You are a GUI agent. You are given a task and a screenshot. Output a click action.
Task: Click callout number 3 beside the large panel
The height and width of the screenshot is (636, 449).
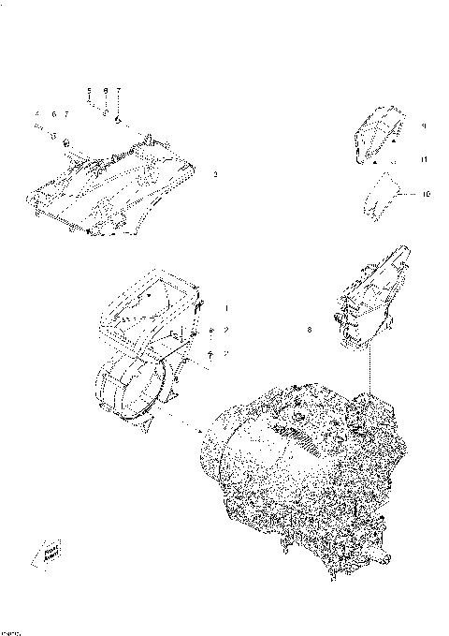[216, 174]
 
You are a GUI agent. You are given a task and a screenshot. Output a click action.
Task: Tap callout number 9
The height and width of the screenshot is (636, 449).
[423, 125]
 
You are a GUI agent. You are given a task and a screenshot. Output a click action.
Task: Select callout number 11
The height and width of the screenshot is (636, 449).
[423, 160]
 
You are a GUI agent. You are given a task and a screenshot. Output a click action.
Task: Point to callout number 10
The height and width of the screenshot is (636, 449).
[426, 195]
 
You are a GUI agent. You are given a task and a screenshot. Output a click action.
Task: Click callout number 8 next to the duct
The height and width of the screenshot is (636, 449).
[310, 330]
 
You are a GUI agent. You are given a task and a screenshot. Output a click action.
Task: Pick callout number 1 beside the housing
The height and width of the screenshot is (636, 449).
[225, 307]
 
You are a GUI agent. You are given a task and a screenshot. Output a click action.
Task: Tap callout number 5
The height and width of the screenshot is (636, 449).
[89, 91]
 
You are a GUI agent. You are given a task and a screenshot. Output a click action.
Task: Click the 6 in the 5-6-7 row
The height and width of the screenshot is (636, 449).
[106, 91]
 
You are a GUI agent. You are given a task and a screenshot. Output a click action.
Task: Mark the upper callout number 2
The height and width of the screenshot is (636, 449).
[225, 331]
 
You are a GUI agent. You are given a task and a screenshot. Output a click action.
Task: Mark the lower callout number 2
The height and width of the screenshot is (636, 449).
[225, 353]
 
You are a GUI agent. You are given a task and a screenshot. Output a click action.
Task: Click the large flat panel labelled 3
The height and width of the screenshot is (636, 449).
[112, 187]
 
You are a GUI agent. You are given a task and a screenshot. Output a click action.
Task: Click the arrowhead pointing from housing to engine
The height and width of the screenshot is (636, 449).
[201, 432]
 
